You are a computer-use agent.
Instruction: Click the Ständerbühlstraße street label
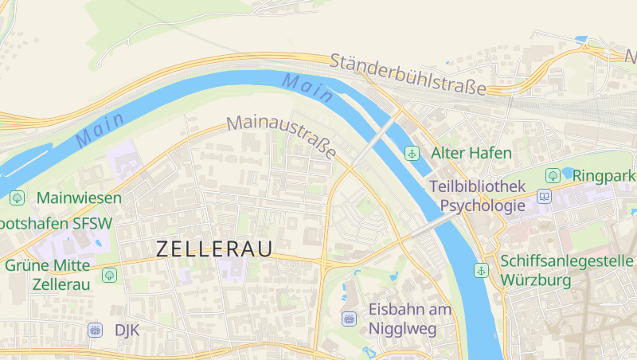tap(407, 75)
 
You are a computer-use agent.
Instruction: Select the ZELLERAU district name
tap(214, 248)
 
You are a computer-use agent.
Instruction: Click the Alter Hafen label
tap(471, 152)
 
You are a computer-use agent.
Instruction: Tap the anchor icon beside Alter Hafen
tap(412, 153)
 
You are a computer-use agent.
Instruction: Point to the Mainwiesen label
tap(79, 197)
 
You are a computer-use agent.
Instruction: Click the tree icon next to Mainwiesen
tap(17, 197)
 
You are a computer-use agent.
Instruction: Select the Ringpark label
tap(604, 174)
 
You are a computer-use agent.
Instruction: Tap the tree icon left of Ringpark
tap(552, 174)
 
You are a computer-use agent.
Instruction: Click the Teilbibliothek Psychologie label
tap(477, 196)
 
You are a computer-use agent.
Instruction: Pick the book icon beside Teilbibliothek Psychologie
tap(545, 196)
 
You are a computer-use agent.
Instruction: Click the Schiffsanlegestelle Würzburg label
tap(567, 271)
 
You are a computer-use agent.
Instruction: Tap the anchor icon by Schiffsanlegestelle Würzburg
tap(481, 270)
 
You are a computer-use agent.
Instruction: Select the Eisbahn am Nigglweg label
tap(410, 318)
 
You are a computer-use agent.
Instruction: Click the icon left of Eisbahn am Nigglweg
tap(349, 319)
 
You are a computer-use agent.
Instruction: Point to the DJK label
tap(127, 330)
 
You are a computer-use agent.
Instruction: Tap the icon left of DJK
tap(96, 330)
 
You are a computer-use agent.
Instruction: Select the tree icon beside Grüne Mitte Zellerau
tap(109, 275)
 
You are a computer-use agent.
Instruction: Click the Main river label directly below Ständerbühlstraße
tap(307, 87)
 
